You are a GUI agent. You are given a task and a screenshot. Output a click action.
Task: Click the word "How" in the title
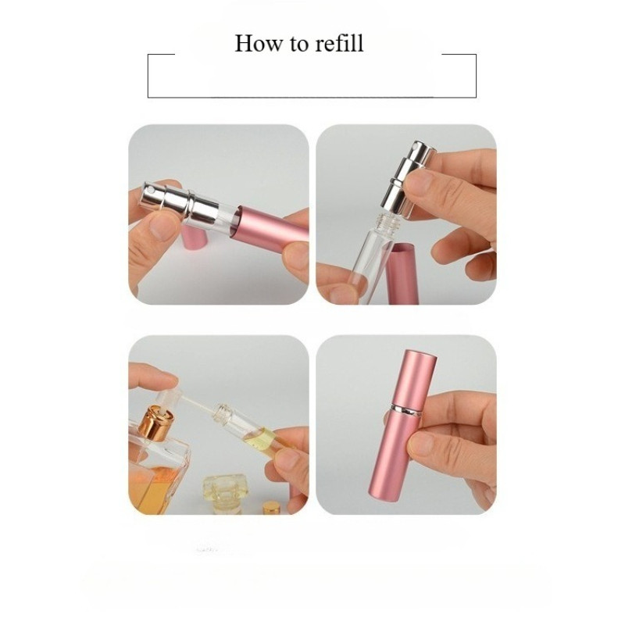[258, 43]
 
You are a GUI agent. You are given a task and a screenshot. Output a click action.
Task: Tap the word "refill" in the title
[339, 43]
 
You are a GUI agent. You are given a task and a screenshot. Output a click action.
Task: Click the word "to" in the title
[298, 45]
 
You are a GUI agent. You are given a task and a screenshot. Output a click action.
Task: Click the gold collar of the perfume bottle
[157, 423]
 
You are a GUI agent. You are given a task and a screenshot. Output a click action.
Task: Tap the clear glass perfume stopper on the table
[225, 493]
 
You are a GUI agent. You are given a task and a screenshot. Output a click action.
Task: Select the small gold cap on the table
[271, 508]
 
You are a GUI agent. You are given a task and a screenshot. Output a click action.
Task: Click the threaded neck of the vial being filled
[222, 414]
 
